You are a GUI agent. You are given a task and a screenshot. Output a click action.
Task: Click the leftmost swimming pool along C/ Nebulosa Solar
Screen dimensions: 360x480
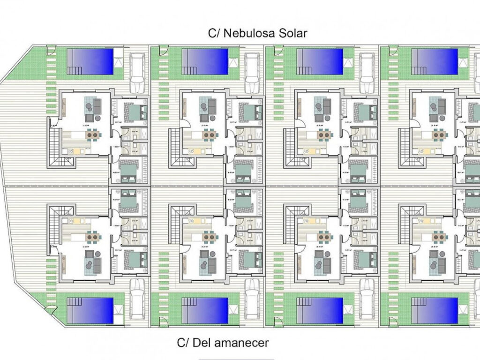click(x=90, y=61)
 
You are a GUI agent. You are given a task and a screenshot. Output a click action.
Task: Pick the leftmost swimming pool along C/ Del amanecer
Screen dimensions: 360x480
click(x=90, y=310)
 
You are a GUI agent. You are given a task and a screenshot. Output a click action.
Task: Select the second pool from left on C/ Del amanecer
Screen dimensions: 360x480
click(x=205, y=310)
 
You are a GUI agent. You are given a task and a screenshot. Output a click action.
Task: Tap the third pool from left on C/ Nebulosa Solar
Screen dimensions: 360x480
click(x=320, y=61)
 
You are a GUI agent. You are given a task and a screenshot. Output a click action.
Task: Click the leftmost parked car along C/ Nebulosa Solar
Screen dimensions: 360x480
click(x=137, y=73)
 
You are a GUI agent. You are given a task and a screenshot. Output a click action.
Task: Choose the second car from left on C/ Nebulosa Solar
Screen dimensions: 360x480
click(x=252, y=73)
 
